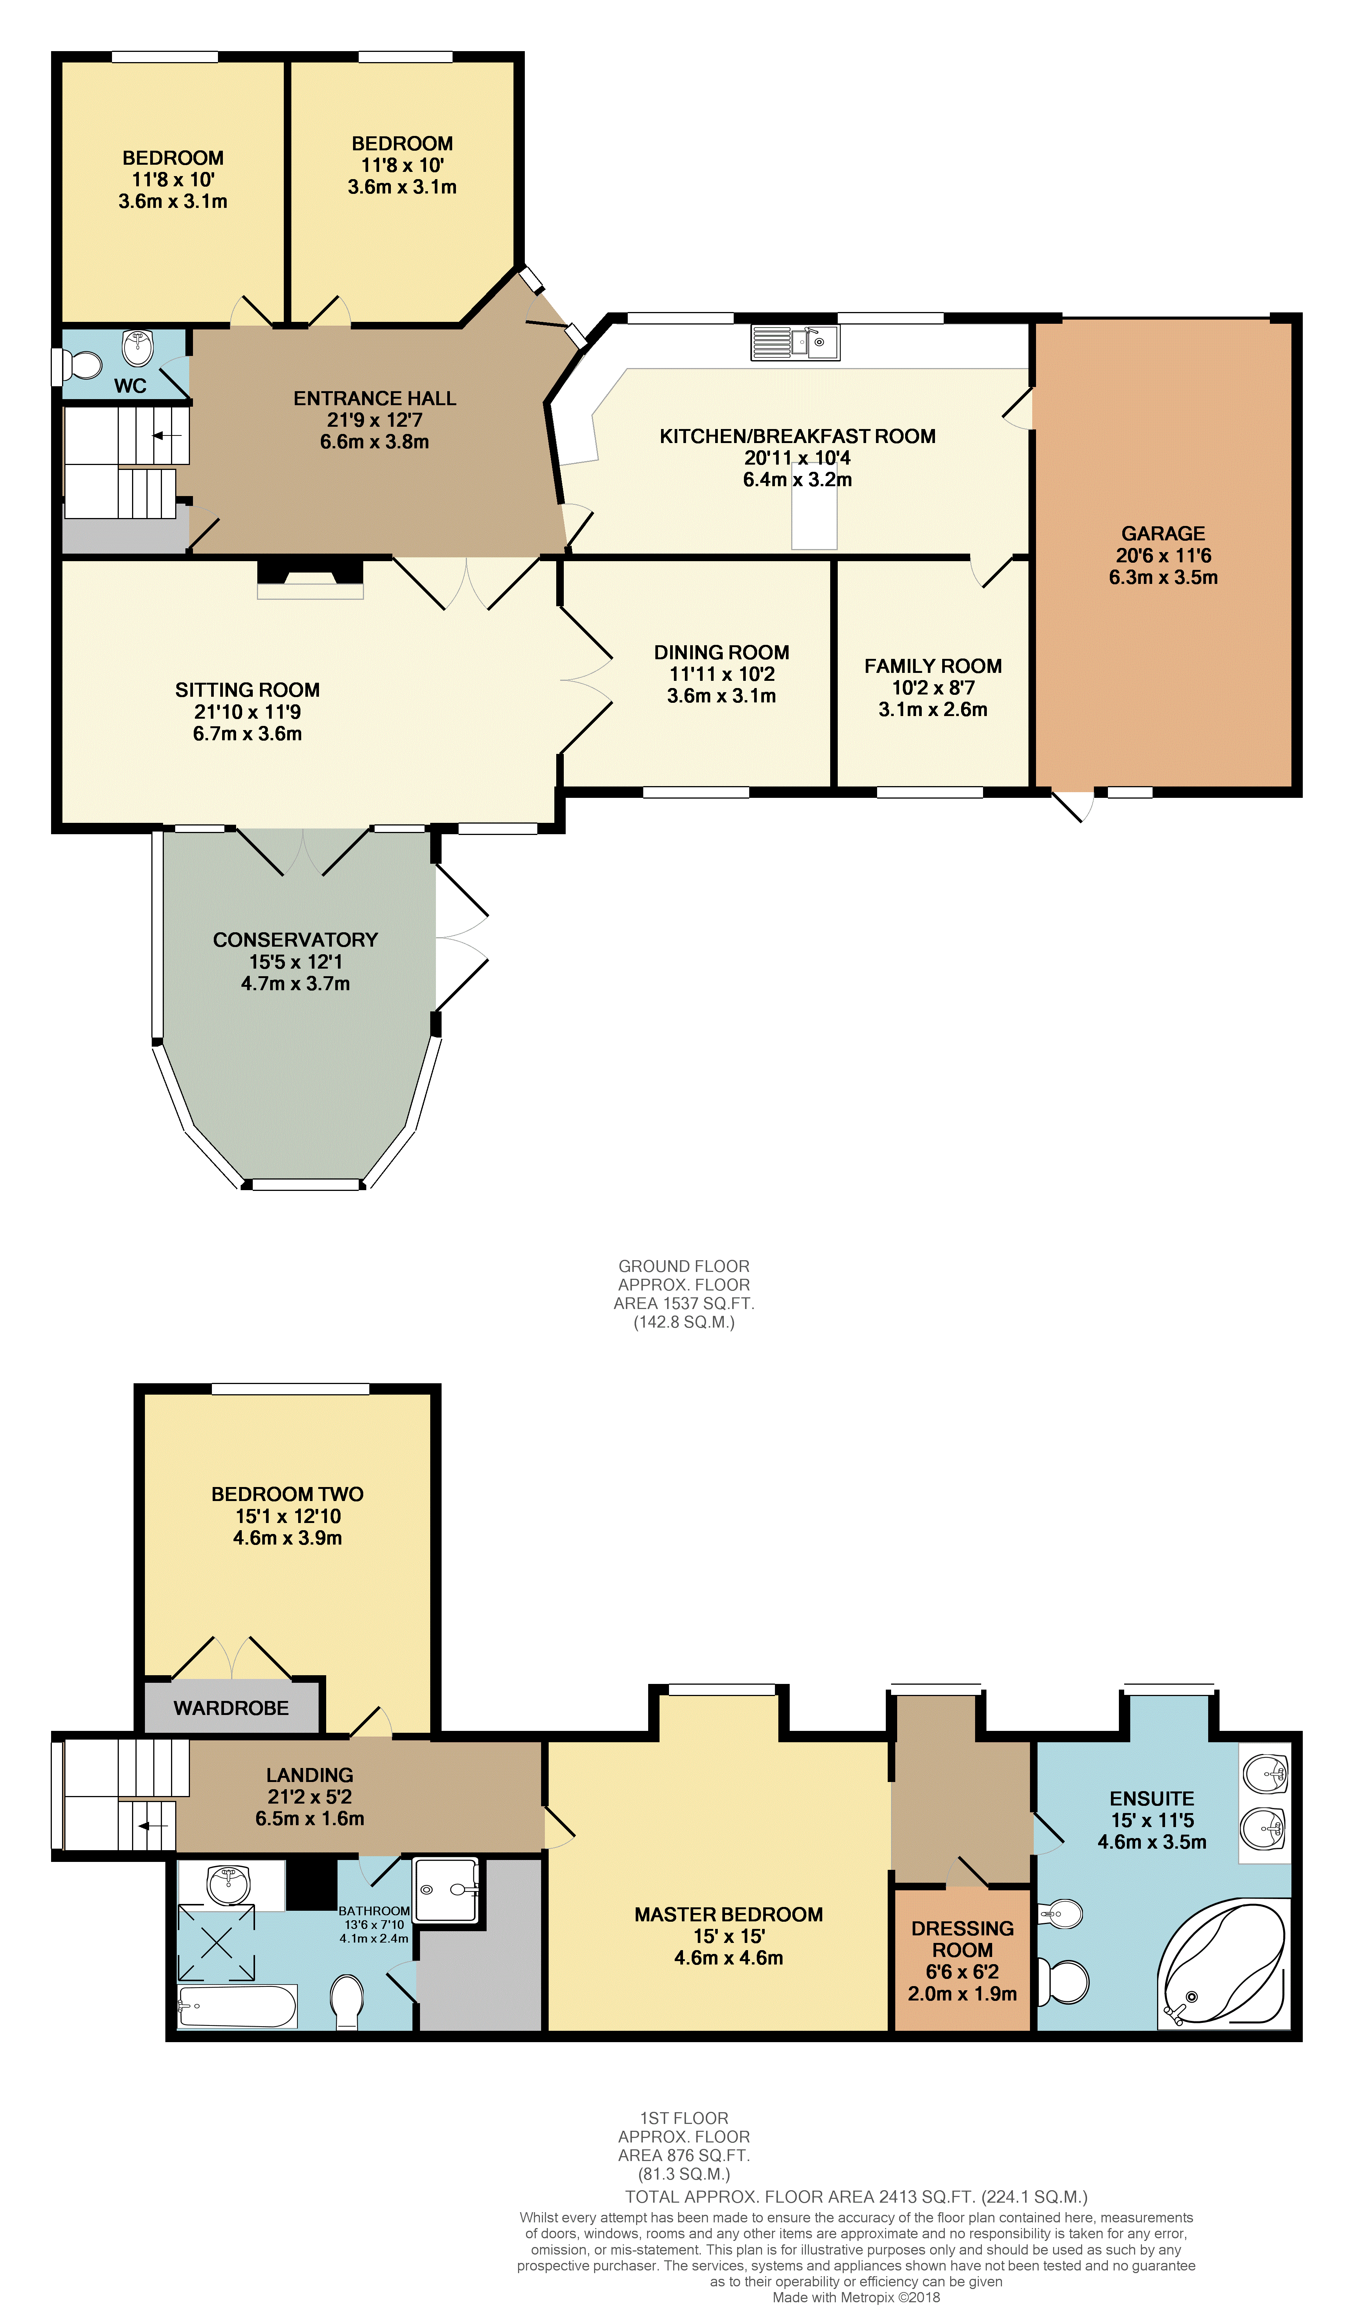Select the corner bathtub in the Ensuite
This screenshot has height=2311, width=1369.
1223,1964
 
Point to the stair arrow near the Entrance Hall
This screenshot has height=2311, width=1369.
167,435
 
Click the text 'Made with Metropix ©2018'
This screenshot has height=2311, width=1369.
856,2297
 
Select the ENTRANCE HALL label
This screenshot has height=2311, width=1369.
375,399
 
